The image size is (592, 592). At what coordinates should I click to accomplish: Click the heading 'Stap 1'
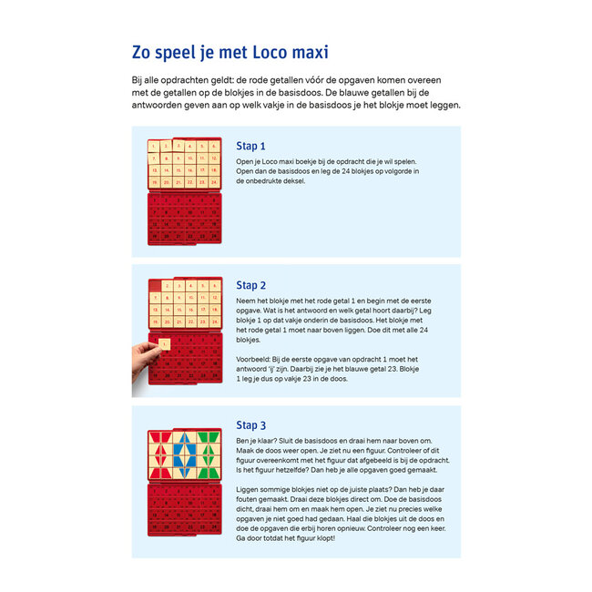[x=250, y=146]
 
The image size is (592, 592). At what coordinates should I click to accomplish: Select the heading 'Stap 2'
[x=250, y=285]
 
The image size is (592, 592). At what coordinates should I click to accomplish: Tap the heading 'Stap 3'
[x=250, y=425]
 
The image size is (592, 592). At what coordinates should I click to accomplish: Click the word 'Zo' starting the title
[x=145, y=52]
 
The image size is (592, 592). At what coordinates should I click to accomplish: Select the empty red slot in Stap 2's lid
[x=155, y=287]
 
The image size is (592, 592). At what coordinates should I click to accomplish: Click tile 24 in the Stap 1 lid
[x=215, y=182]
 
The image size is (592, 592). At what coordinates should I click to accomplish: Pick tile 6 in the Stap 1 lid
[x=215, y=146]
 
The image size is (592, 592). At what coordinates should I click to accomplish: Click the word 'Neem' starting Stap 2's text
[x=245, y=300]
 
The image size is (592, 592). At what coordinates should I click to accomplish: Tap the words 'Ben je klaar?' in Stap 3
[x=260, y=440]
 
